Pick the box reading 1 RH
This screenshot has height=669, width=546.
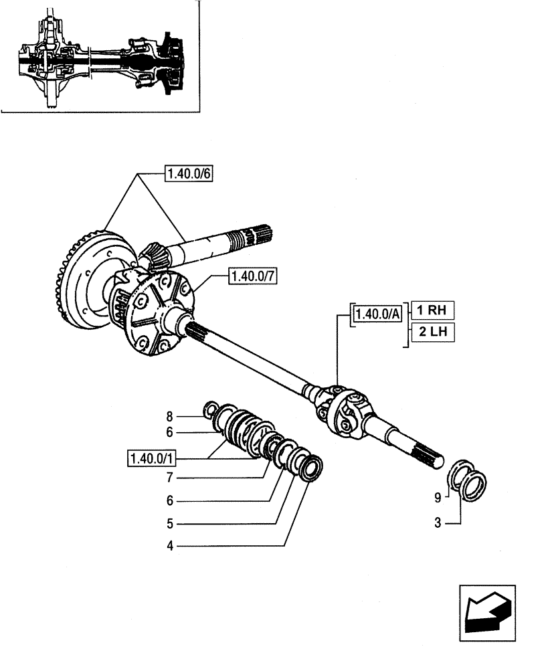coord(432,310)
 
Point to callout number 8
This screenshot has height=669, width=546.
coord(169,416)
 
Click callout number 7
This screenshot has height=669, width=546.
coord(169,478)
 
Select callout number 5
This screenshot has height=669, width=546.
coord(169,523)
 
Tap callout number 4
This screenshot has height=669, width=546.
coord(169,547)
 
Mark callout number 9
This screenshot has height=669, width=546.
coord(438,497)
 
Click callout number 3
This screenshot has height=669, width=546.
coord(438,523)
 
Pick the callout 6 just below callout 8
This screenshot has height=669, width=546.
coord(169,433)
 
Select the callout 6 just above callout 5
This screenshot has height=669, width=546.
coord(169,500)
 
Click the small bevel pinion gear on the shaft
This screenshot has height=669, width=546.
coord(154,258)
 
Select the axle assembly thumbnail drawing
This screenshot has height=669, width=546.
coord(100,56)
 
